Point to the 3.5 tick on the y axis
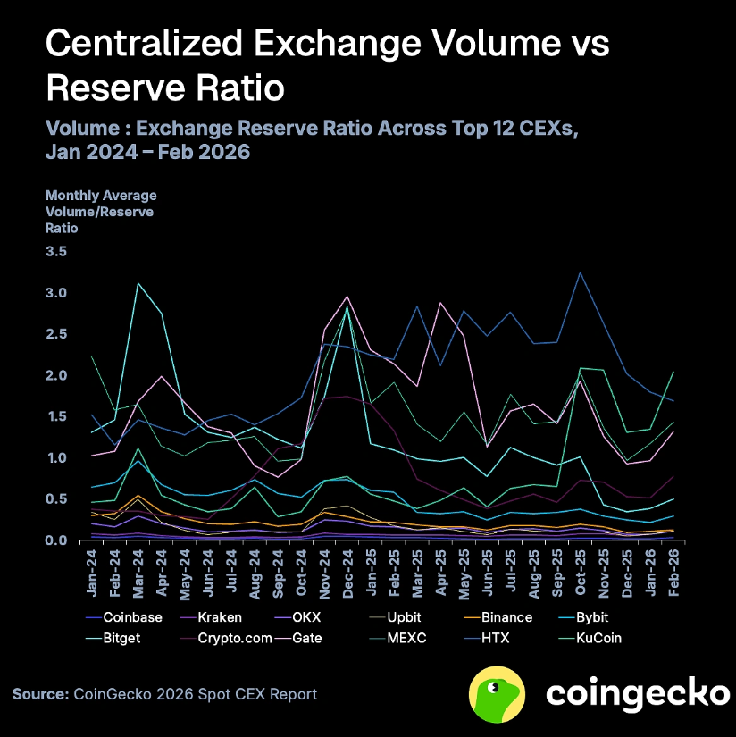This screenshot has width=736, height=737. (x=56, y=252)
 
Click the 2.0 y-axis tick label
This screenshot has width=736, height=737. (x=56, y=375)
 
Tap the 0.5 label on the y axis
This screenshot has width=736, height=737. (x=56, y=499)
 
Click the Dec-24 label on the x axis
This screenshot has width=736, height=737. (x=347, y=573)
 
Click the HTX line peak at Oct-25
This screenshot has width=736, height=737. (x=581, y=272)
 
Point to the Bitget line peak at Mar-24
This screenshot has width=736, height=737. (x=138, y=283)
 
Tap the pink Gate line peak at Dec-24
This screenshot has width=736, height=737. (x=347, y=297)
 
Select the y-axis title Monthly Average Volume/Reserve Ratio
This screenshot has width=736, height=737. (x=100, y=211)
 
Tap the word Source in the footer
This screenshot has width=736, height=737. (x=39, y=694)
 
